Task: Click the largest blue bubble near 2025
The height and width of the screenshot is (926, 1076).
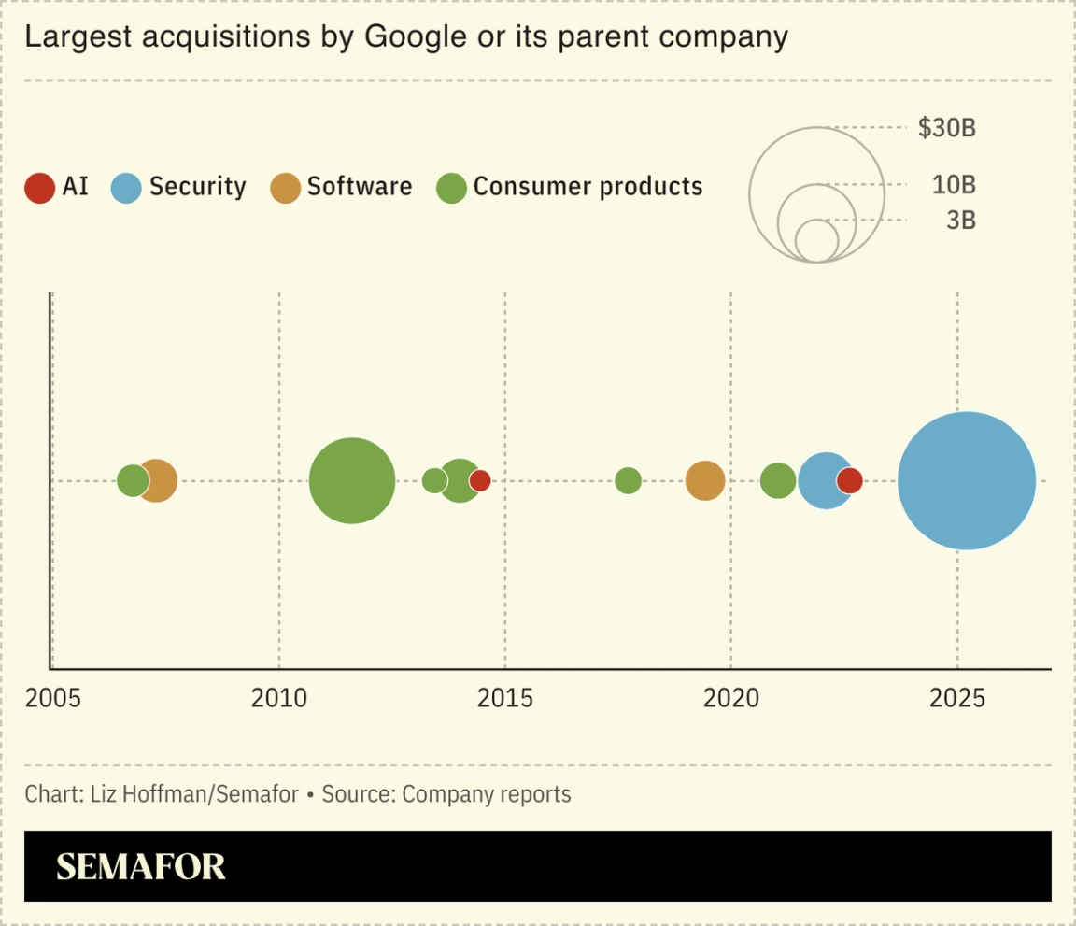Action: tap(967, 480)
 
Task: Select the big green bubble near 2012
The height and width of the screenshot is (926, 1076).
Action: tap(352, 480)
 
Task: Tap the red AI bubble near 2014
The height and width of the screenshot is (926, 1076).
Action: tap(480, 480)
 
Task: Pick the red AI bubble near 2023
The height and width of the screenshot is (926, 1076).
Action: tap(849, 480)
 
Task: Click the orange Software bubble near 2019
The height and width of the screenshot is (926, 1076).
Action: tap(705, 480)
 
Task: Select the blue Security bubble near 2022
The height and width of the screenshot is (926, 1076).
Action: tap(822, 480)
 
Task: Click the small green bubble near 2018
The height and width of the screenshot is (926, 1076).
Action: tap(629, 480)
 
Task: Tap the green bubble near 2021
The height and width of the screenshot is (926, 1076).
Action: tap(778, 480)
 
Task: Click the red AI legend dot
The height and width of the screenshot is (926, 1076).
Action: tap(40, 188)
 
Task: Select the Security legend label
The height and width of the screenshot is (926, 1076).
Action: tap(197, 187)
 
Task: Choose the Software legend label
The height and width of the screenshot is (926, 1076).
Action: tap(360, 187)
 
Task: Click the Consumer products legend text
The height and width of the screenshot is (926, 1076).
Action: tap(588, 187)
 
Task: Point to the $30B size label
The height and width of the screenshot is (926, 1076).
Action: tap(946, 128)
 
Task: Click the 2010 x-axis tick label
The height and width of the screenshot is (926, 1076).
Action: tap(279, 698)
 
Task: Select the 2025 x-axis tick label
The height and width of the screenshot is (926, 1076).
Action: tap(957, 698)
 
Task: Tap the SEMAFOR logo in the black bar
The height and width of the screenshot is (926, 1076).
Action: tap(141, 866)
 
